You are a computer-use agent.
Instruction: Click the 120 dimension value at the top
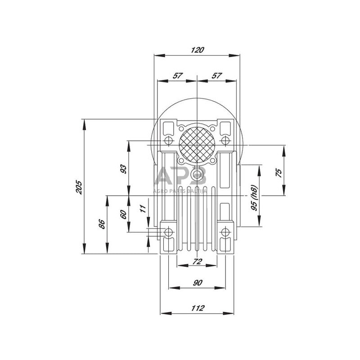[x=197, y=50]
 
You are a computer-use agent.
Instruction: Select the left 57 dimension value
[x=177, y=76]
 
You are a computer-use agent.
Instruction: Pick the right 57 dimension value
[x=217, y=76]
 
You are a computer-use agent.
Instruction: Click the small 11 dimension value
[x=143, y=208]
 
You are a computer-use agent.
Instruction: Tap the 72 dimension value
[x=197, y=261]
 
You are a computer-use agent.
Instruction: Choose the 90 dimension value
[x=197, y=282]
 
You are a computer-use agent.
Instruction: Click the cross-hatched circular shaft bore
[x=196, y=145]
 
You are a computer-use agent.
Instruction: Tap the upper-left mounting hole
[x=169, y=141]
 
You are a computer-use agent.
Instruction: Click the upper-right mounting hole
[x=225, y=141]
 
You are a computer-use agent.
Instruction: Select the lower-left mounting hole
[x=169, y=232]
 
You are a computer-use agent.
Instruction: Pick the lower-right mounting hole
[x=225, y=232]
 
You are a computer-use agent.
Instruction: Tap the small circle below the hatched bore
[x=197, y=174]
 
